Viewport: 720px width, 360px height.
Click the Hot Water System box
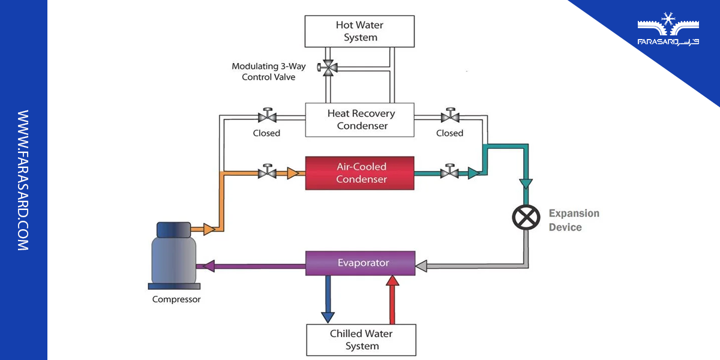[360, 31]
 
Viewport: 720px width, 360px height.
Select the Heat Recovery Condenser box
[360, 119]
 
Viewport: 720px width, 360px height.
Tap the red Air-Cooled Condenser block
[360, 173]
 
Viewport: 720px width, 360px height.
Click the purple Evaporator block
[360, 263]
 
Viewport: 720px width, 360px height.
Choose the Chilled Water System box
[361, 340]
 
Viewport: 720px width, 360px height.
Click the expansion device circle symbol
[526, 217]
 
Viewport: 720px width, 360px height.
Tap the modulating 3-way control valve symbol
[328, 68]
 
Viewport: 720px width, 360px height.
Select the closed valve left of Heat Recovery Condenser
[266, 115]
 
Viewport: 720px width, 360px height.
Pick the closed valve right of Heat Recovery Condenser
[449, 115]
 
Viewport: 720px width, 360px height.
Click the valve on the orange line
[266, 173]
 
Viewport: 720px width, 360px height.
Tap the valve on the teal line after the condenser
[449, 173]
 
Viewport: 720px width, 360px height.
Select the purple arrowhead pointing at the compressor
[210, 265]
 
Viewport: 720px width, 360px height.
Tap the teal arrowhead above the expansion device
[526, 182]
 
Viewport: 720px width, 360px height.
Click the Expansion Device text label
[573, 220]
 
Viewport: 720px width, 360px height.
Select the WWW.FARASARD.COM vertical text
[23, 180]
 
